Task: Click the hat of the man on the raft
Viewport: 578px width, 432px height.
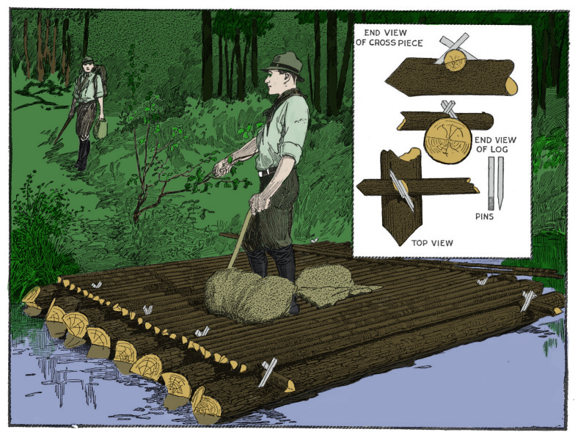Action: tap(283, 65)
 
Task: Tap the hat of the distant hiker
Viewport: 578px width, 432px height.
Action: tap(87, 60)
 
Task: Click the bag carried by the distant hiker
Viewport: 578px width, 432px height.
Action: tap(100, 128)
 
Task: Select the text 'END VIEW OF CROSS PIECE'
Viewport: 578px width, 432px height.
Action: tap(389, 37)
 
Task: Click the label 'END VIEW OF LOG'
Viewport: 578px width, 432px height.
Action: tap(494, 144)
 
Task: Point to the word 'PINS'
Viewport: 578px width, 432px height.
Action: tap(484, 216)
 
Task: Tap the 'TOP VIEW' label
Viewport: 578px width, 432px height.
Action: tap(432, 243)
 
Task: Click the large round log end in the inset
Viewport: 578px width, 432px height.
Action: tap(447, 140)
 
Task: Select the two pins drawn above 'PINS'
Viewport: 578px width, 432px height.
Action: tap(495, 183)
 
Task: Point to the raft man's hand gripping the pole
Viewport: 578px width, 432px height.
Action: tap(260, 203)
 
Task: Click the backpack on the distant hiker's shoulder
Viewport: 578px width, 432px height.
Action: tap(102, 78)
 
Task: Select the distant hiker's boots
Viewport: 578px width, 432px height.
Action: tap(82, 154)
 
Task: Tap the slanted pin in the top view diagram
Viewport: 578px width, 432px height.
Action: tap(402, 191)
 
